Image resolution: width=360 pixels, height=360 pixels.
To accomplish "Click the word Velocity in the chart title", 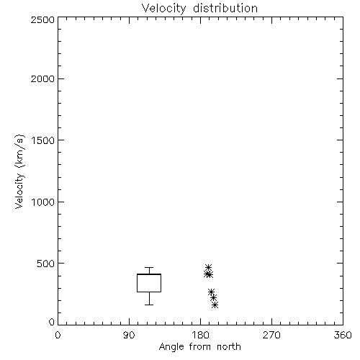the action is [163, 9].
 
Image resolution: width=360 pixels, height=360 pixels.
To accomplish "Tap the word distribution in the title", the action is [225, 8].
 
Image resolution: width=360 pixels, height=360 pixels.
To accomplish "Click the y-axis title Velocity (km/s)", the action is [19, 172].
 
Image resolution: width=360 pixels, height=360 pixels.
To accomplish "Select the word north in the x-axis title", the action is [229, 347].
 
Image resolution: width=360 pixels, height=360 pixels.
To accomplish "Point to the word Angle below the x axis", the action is [171, 347].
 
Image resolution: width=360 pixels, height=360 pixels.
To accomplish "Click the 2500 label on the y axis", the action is [42, 20].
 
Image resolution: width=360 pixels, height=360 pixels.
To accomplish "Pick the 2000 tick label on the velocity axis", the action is [42, 79].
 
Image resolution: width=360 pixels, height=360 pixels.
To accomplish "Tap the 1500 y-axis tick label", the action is [43, 140].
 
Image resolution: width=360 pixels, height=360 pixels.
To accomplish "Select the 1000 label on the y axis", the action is [43, 202].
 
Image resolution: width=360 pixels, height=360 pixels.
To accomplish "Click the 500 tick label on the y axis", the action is [46, 264].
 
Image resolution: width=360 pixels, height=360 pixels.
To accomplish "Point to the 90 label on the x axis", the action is [129, 335].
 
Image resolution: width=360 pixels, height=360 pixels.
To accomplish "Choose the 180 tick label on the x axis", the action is [200, 335].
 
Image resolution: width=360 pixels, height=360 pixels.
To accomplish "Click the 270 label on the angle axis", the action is [271, 335].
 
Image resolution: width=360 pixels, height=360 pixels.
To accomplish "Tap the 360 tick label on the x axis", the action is [343, 335].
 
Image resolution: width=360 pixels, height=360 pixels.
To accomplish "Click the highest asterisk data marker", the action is [208, 267].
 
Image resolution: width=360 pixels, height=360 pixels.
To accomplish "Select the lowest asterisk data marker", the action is [215, 305].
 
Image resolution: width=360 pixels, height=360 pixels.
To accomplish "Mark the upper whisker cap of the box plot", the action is [149, 267].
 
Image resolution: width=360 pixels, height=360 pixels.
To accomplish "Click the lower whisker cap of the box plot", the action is [149, 305].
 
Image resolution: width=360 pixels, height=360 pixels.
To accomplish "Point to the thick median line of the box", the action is [149, 274].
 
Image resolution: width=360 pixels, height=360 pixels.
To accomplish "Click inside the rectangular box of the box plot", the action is [149, 283].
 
